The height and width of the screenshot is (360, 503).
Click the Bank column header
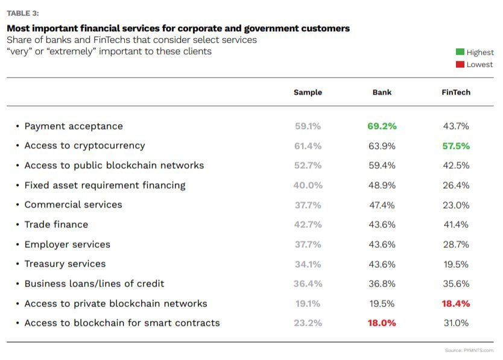click(x=382, y=92)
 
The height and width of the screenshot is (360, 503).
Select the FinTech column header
click(x=456, y=92)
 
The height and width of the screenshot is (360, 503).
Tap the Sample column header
click(x=308, y=92)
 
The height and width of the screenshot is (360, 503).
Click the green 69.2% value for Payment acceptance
click(x=382, y=126)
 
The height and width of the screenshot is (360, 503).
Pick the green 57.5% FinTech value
click(x=456, y=146)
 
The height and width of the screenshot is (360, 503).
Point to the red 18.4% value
click(x=456, y=303)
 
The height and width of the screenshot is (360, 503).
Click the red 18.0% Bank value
click(x=382, y=323)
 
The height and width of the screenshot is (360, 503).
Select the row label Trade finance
click(x=56, y=224)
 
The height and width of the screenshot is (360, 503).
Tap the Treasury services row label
click(x=65, y=264)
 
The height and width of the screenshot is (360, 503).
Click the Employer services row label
click(x=67, y=244)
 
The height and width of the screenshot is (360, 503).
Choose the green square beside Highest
click(x=460, y=52)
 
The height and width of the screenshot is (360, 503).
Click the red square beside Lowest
click(x=460, y=65)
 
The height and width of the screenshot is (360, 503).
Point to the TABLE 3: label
click(x=23, y=13)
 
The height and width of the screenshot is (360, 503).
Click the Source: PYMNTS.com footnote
click(x=469, y=350)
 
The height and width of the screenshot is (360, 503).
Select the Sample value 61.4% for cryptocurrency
click(x=308, y=146)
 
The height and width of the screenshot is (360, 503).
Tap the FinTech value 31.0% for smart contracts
click(x=456, y=323)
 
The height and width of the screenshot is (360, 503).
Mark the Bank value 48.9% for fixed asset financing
click(x=382, y=185)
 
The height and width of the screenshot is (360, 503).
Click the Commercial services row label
click(x=73, y=204)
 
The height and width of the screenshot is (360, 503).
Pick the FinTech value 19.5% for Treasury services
click(x=456, y=264)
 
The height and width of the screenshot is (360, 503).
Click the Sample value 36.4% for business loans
click(x=308, y=283)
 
